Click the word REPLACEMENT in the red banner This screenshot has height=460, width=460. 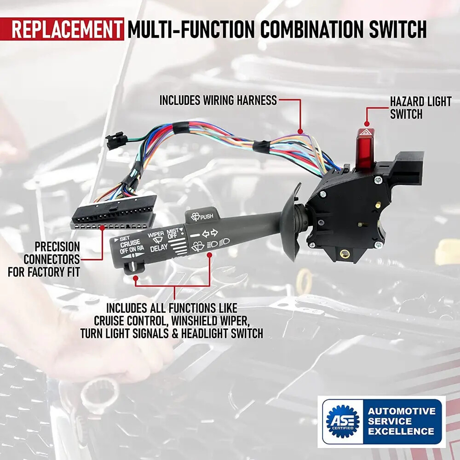(x=67, y=29)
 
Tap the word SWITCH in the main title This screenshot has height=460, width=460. (x=398, y=29)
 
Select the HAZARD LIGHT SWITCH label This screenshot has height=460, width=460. (x=420, y=108)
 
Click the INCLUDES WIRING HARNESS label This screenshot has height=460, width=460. (x=218, y=100)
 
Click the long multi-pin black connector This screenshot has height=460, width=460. (x=113, y=213)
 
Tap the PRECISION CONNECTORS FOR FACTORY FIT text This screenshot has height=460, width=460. (x=44, y=259)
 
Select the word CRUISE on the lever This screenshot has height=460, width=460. (x=130, y=243)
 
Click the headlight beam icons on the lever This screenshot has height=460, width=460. (x=218, y=243)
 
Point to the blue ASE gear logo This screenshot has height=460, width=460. (x=343, y=421)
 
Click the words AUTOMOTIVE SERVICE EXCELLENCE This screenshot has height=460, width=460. (x=402, y=421)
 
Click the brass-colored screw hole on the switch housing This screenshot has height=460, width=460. (x=343, y=253)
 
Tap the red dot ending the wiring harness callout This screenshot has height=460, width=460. (x=299, y=131)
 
